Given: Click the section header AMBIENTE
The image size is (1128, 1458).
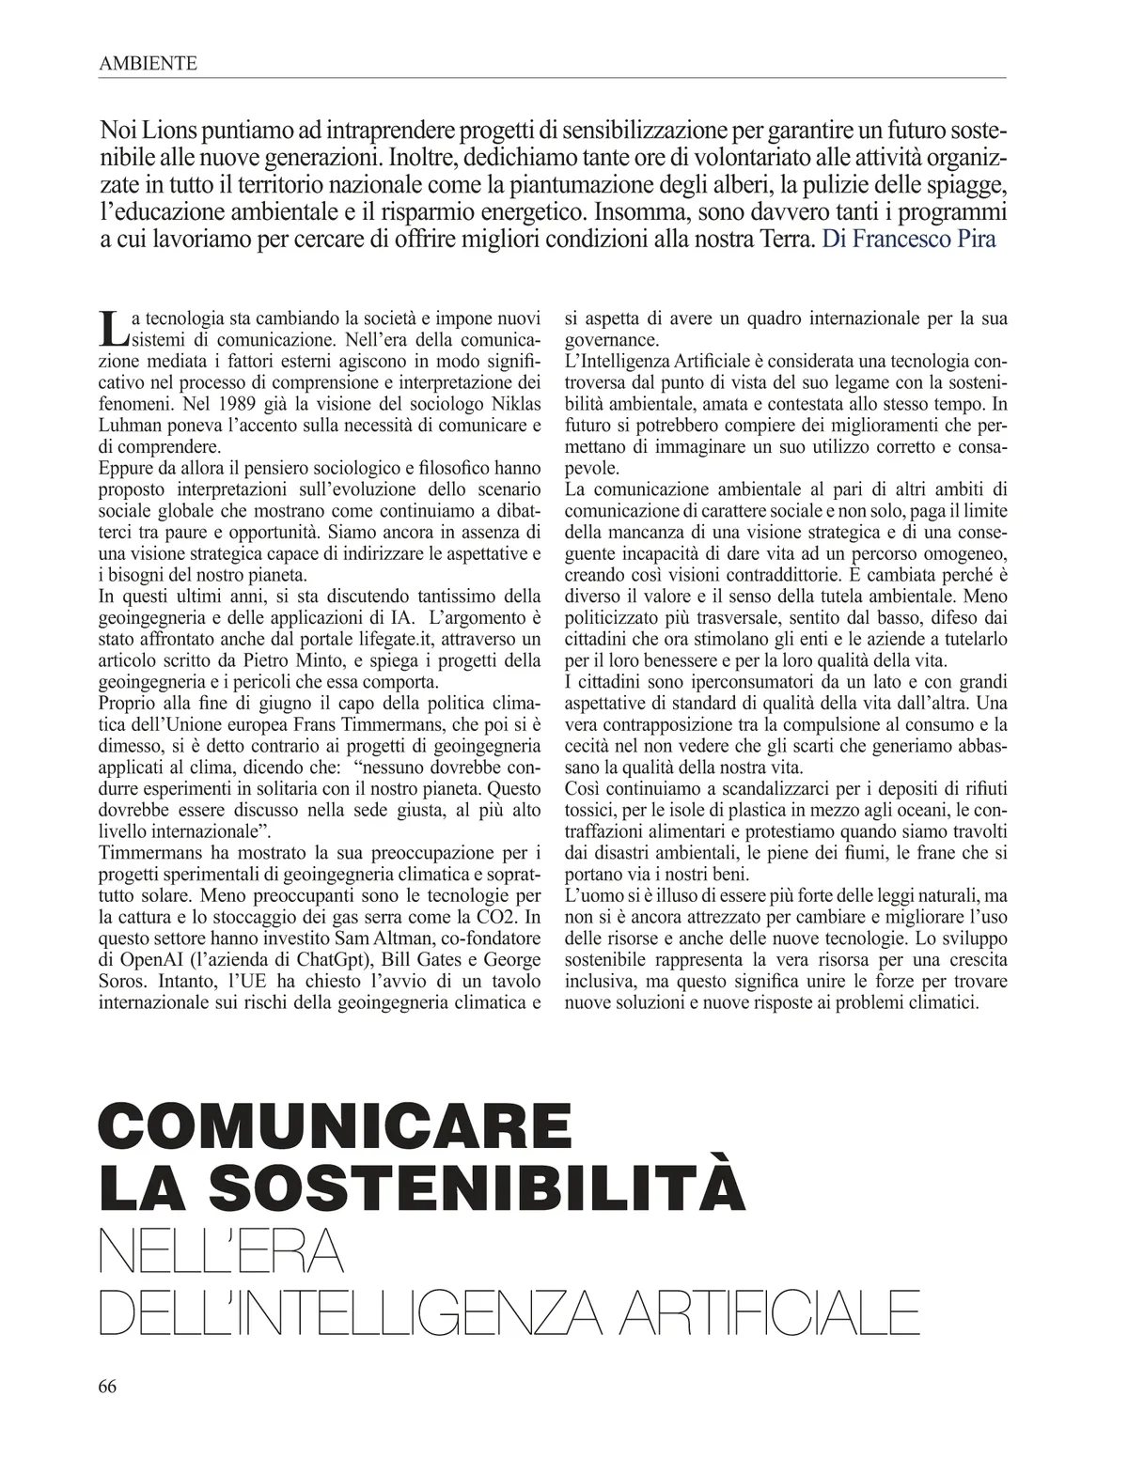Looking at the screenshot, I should [x=148, y=64].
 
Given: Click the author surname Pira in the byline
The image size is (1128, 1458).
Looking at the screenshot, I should [x=972, y=239].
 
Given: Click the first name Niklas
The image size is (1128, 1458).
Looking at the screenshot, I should [x=514, y=404].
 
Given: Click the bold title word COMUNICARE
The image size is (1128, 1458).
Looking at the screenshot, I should [x=335, y=1125].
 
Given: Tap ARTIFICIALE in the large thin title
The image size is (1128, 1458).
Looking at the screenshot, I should [x=767, y=1313].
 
